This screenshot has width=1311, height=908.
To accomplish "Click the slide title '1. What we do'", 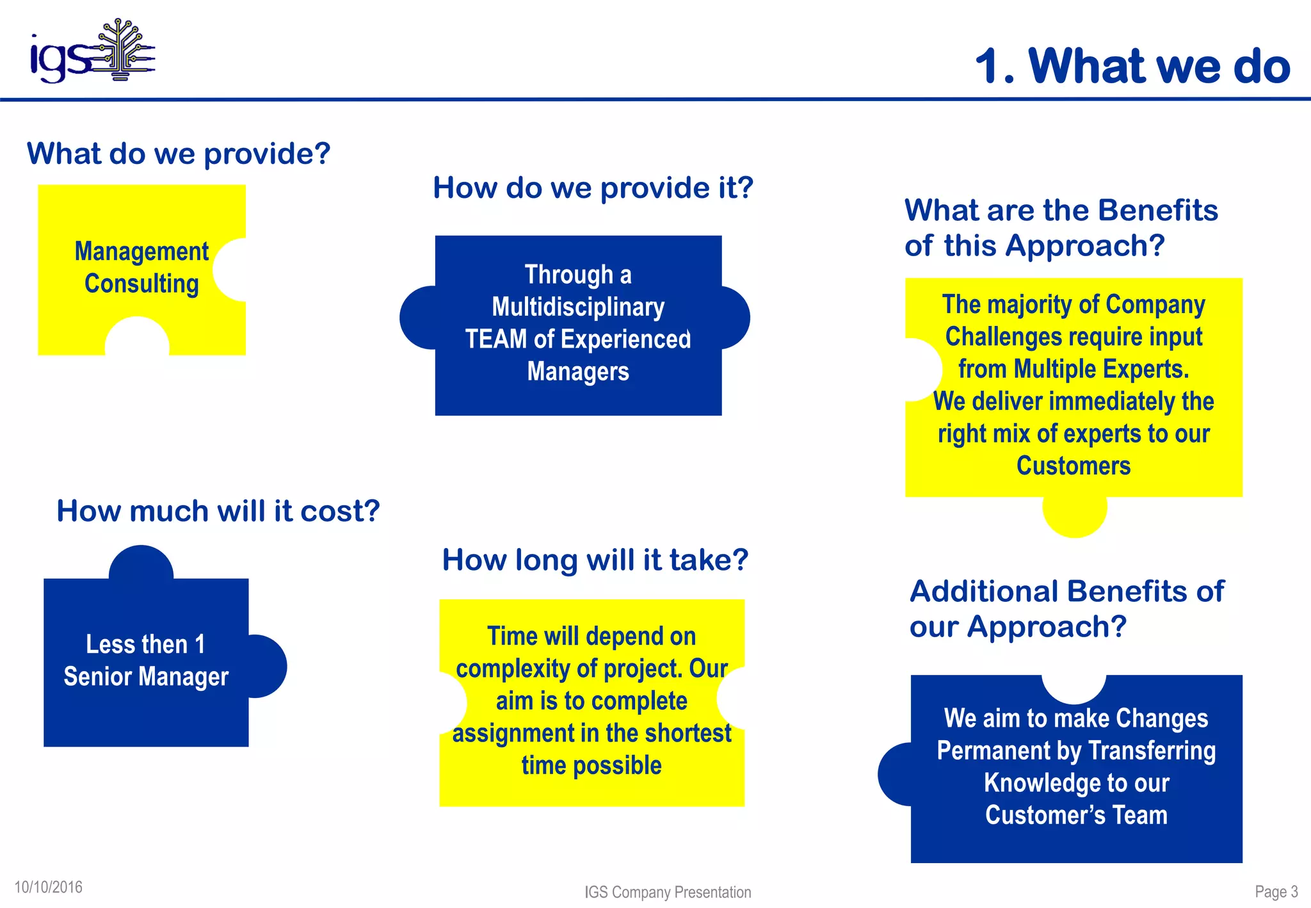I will (x=1132, y=66).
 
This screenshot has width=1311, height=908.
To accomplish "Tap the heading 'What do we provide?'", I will (x=178, y=154).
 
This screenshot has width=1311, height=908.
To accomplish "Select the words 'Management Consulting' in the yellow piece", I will (x=141, y=268).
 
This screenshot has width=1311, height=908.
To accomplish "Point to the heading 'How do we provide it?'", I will (x=593, y=188).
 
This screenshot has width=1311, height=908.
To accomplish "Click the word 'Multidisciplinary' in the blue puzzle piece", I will (x=578, y=307).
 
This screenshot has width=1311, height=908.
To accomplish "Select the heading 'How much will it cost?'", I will (x=218, y=511).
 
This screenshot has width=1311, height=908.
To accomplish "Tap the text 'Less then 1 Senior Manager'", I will (x=145, y=660).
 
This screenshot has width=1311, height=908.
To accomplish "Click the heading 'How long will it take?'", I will (x=595, y=560).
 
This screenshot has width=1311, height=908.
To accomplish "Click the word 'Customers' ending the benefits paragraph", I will (x=1073, y=466).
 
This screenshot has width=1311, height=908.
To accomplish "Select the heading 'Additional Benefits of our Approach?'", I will (x=1066, y=608).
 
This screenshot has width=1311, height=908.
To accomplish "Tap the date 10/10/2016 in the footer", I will (x=49, y=887).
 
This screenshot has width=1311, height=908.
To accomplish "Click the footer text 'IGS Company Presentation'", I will (x=667, y=892).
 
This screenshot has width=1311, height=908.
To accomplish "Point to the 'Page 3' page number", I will (x=1276, y=891).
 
